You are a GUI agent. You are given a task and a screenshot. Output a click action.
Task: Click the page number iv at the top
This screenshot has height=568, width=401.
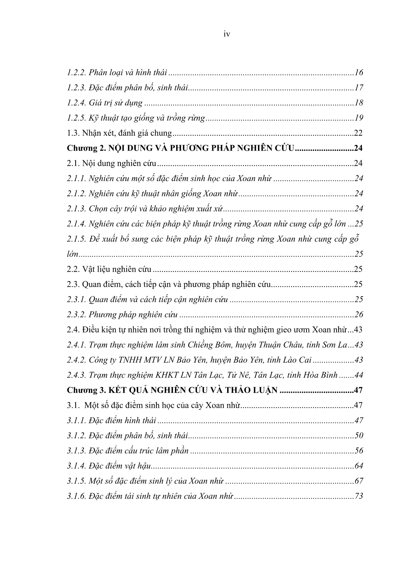227,34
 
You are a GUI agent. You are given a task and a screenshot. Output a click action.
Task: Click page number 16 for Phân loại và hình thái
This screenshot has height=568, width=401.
359,73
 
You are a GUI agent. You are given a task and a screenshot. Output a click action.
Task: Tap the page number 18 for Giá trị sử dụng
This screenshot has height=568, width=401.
359,103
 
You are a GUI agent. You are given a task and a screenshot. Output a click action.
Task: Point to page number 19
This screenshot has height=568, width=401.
359,118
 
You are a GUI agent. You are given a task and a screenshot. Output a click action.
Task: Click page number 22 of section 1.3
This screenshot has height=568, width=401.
358,133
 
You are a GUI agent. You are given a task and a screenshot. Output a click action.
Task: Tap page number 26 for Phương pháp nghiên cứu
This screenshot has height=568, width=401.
359,315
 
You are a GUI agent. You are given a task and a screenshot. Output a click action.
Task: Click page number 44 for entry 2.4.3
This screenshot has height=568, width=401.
359,375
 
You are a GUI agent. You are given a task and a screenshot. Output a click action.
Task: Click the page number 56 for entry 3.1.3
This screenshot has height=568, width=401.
359,451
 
